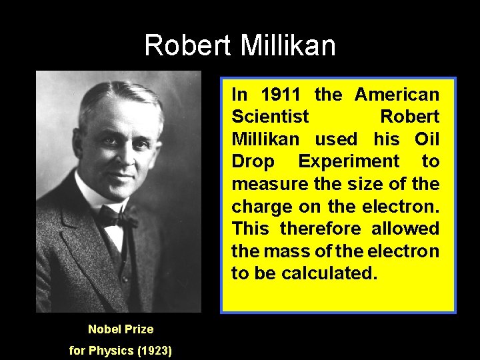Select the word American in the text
(397, 95)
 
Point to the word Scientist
(270, 117)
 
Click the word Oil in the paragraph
(427, 139)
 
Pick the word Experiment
(349, 161)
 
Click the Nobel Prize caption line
(121, 329)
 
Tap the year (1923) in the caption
(154, 350)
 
